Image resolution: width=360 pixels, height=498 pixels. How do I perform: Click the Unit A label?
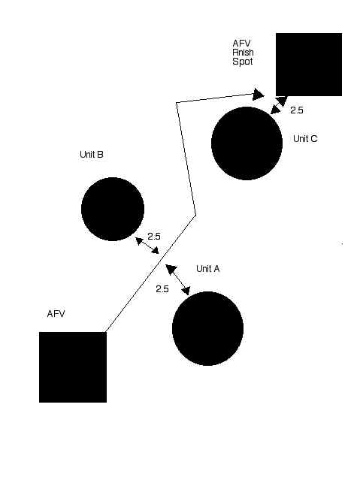(x=207, y=269)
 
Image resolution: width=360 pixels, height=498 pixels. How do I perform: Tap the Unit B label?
(x=92, y=154)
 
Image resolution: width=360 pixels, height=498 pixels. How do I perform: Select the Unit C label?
(x=305, y=138)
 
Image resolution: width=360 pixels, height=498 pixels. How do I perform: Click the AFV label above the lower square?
(x=56, y=314)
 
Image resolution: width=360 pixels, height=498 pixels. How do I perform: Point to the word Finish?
(x=243, y=52)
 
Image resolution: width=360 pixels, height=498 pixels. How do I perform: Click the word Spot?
(x=243, y=62)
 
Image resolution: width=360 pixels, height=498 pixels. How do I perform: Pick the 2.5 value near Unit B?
(x=154, y=237)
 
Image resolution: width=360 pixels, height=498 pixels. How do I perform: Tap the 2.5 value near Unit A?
(x=162, y=289)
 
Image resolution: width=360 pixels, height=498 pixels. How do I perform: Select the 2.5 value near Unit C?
(x=297, y=110)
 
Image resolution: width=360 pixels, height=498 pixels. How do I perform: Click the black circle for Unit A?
(x=207, y=328)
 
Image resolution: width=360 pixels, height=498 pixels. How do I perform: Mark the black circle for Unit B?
(x=113, y=209)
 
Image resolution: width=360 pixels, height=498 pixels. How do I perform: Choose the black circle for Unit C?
(x=247, y=143)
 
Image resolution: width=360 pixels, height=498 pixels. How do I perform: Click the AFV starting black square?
(x=73, y=367)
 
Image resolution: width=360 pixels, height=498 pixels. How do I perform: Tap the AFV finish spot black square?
(x=309, y=65)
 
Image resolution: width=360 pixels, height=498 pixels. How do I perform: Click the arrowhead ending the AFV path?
(x=259, y=95)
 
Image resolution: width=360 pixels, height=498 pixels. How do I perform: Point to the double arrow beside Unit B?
(x=147, y=246)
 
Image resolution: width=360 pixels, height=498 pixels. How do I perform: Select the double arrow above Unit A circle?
(x=178, y=280)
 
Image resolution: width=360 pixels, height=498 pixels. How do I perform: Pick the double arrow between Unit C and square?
(x=279, y=105)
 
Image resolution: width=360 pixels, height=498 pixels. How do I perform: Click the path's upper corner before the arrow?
(x=177, y=103)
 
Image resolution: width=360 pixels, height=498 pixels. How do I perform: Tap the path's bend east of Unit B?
(x=195, y=215)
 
